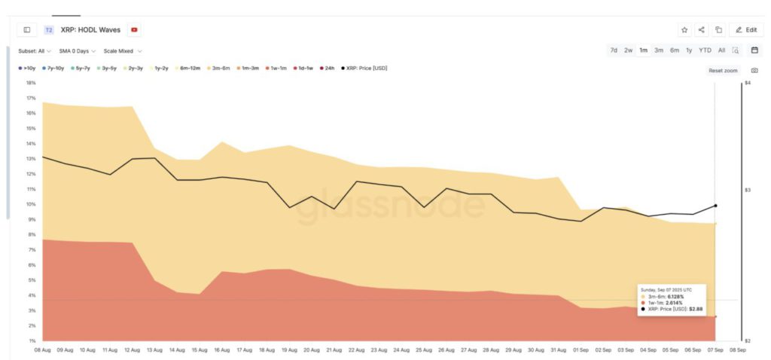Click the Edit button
click(x=745, y=29)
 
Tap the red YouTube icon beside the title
click(x=135, y=29)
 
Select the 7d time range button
click(x=614, y=50)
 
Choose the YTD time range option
click(x=705, y=50)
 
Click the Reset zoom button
click(x=723, y=70)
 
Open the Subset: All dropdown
click(x=35, y=51)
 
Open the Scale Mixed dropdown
click(x=123, y=51)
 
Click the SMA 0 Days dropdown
click(x=77, y=51)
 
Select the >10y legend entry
click(x=28, y=68)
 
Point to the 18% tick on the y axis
click(x=31, y=83)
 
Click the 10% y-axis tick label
click(x=31, y=204)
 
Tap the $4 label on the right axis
click(x=747, y=83)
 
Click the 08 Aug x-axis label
click(x=43, y=349)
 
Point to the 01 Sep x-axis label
click(x=580, y=349)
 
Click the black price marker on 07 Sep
click(x=715, y=206)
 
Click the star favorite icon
click(x=684, y=29)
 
